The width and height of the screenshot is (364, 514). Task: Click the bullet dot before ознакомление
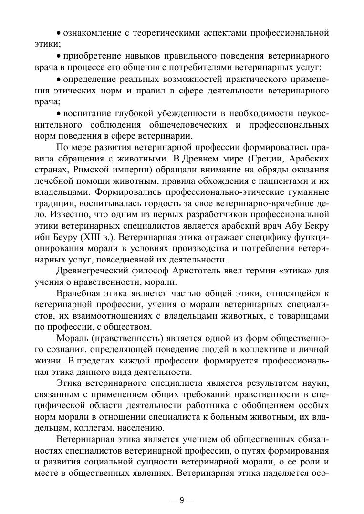(59, 34)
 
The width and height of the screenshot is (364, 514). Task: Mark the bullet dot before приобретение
(59, 56)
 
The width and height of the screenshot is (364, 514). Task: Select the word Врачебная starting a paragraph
(77, 294)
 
